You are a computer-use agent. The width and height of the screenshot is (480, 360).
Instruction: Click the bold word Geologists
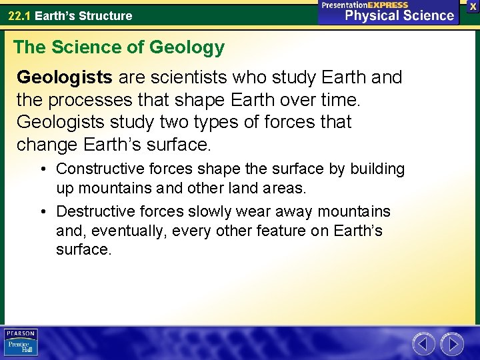64,78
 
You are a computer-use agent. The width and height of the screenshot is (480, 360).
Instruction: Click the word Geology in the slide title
187,47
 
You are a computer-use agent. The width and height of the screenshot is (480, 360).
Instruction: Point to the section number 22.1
19,15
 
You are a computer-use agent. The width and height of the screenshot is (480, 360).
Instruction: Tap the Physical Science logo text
399,15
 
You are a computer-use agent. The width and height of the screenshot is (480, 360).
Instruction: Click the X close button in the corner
473,5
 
